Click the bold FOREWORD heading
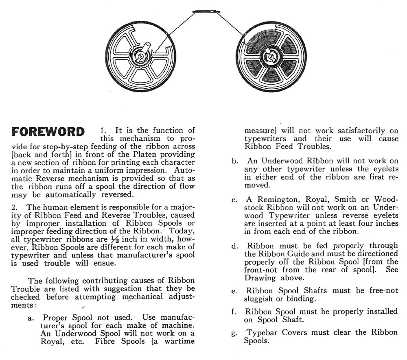pyautogui.click(x=48, y=132)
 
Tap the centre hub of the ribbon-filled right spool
pyautogui.click(x=268, y=55)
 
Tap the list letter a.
pyautogui.click(x=31, y=318)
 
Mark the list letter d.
pyautogui.click(x=235, y=246)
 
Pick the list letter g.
pyautogui.click(x=235, y=333)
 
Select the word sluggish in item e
pyautogui.click(x=261, y=299)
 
